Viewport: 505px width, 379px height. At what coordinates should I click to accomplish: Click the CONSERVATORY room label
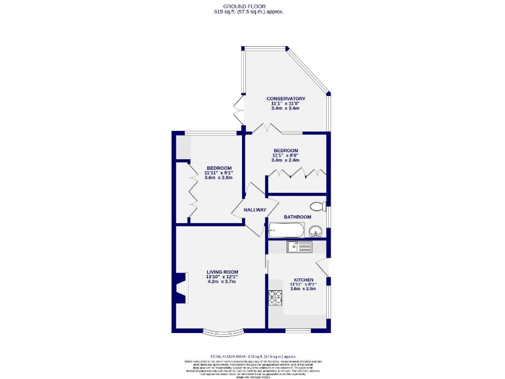coord(285,99)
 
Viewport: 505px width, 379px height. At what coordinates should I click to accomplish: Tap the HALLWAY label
coord(255,210)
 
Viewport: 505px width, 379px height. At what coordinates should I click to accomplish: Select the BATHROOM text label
coord(297,216)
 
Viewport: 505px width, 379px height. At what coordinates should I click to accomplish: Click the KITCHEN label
coord(303,280)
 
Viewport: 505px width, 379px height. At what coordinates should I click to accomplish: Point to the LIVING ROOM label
coord(222,272)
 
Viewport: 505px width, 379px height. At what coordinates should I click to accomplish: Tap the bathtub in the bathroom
coord(286,230)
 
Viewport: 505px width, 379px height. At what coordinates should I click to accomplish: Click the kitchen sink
coord(299,247)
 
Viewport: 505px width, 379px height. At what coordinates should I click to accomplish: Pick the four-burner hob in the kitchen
coord(274,298)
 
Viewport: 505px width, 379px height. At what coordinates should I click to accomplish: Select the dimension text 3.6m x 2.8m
coord(219,178)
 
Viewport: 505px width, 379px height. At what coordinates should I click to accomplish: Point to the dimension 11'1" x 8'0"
coord(285,155)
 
